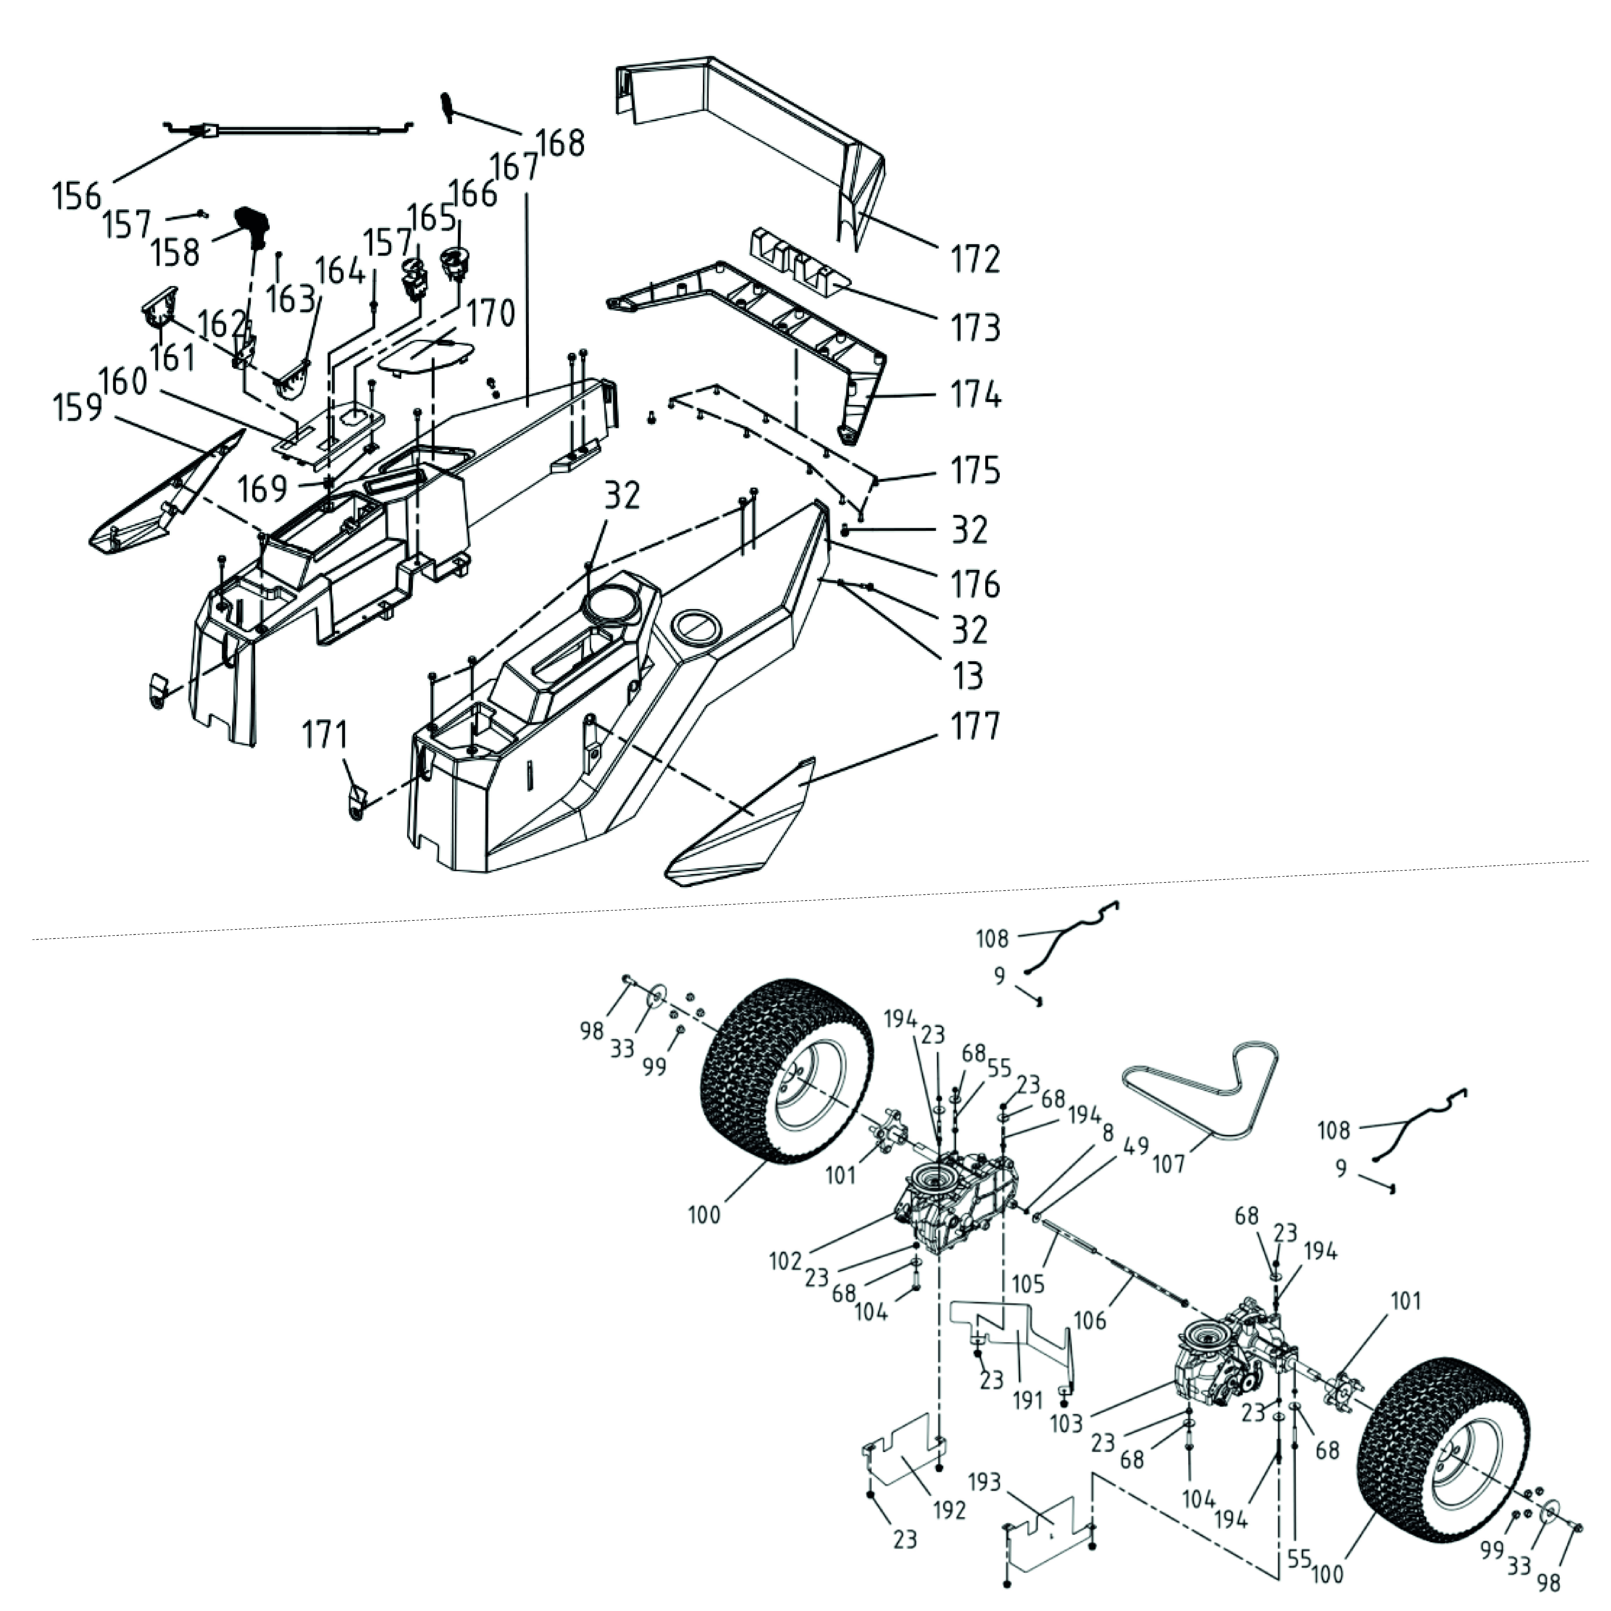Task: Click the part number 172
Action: pos(976,260)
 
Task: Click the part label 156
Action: pos(77,197)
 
